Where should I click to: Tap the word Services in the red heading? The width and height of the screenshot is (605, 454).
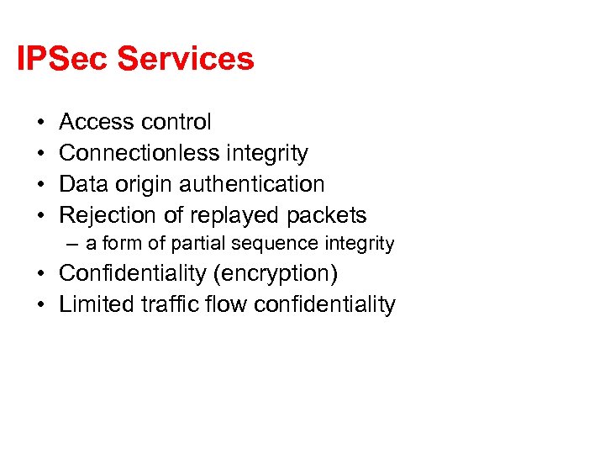(186, 59)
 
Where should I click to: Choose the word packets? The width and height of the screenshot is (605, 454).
(327, 216)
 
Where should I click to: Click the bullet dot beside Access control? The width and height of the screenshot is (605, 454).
(40, 123)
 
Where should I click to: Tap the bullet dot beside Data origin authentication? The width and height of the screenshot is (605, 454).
(40, 185)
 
